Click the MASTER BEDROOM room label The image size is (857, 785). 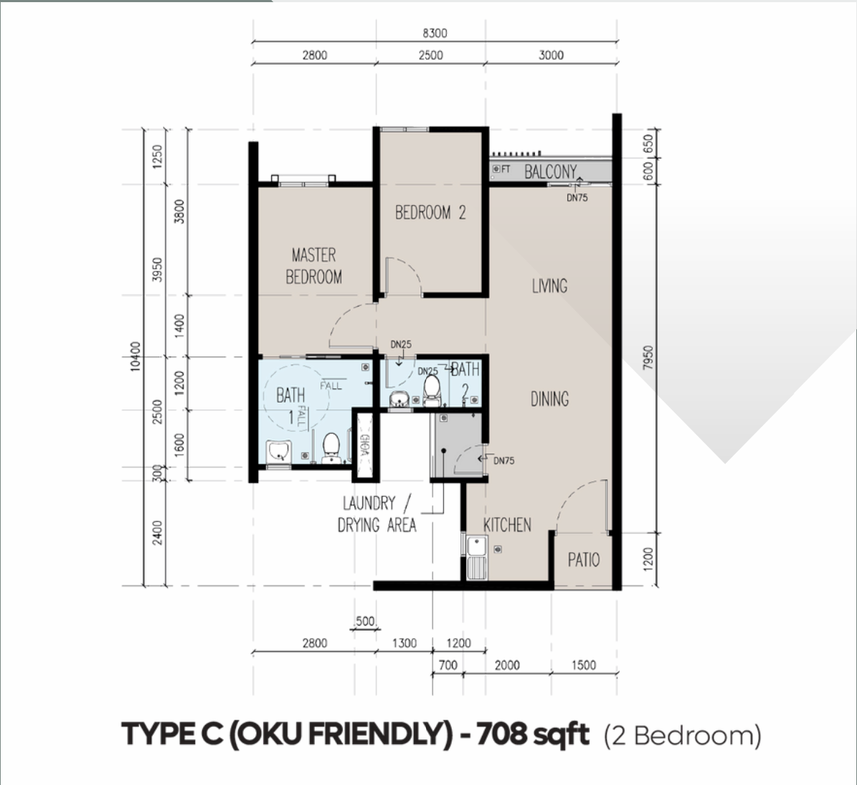click(313, 266)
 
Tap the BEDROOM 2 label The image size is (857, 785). click(430, 212)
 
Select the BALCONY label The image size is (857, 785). click(550, 171)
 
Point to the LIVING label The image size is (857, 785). click(549, 286)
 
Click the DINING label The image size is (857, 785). click(549, 399)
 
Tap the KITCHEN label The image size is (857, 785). click(507, 525)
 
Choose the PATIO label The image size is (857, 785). click(584, 560)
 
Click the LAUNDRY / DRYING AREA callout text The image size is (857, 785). click(377, 514)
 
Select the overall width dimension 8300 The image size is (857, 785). click(434, 33)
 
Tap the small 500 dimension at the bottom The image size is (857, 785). click(365, 621)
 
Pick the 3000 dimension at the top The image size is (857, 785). click(551, 54)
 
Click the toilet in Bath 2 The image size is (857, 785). click(432, 388)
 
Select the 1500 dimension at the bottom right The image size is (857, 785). click(583, 665)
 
